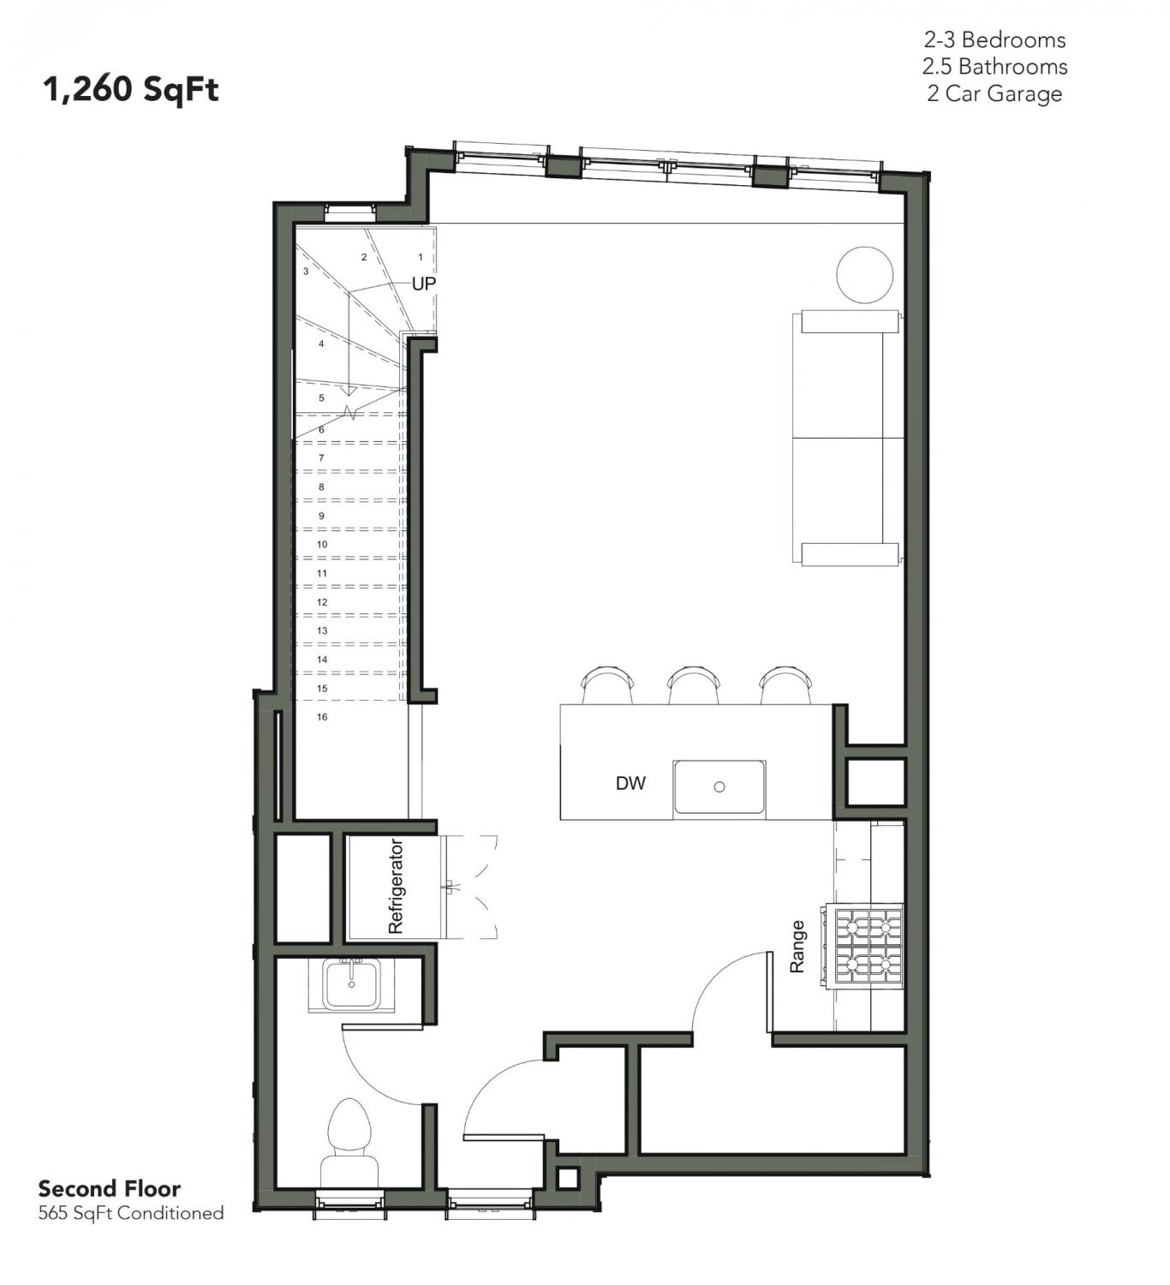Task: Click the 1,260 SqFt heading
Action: coord(131,89)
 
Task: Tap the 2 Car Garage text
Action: coord(994,93)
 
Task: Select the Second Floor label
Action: coord(110,1189)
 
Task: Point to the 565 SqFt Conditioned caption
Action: coord(131,1213)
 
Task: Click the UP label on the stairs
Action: coord(423,284)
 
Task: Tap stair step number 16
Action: coord(322,717)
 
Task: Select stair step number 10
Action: coord(322,545)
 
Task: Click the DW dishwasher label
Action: coord(630,784)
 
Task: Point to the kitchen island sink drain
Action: coord(719,786)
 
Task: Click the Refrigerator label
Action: coord(396,887)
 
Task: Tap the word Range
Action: coord(797,947)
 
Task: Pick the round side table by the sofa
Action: coord(864,275)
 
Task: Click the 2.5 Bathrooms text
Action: coord(995,67)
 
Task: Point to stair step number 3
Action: coord(306,271)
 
